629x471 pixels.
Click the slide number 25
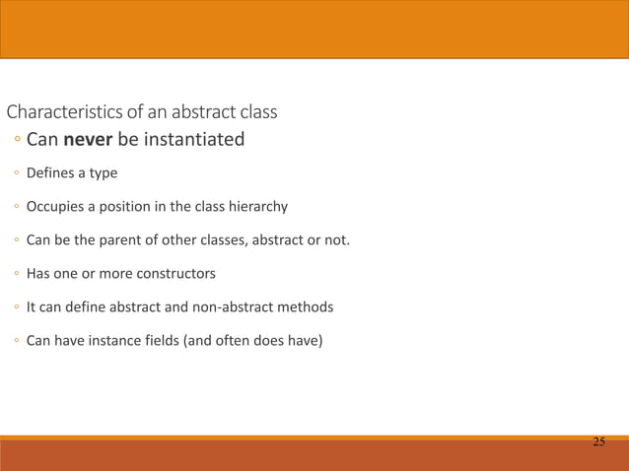tap(598, 442)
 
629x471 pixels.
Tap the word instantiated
tap(194, 140)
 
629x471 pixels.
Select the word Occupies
tap(54, 207)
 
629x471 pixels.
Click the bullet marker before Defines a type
tap(17, 173)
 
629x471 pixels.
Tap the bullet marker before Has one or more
tap(17, 274)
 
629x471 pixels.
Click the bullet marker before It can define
tap(17, 307)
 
